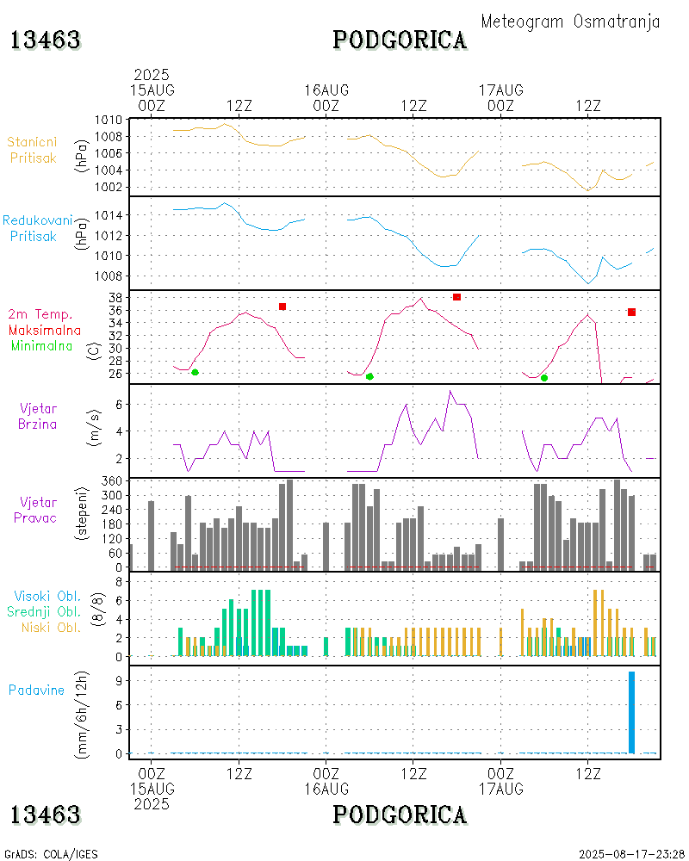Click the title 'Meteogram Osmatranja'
pos(570,22)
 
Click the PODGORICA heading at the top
pos(400,40)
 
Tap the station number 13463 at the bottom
pos(46,814)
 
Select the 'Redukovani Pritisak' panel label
pos(37,227)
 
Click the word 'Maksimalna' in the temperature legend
pos(45,330)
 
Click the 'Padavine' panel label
pos(36,690)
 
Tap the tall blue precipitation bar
pos(631,712)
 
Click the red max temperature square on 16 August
pos(456,297)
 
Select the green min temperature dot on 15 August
pos(195,372)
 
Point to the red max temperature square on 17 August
pos(631,312)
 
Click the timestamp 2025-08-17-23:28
pos(628,854)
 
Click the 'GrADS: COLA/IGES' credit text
pos(51,854)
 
